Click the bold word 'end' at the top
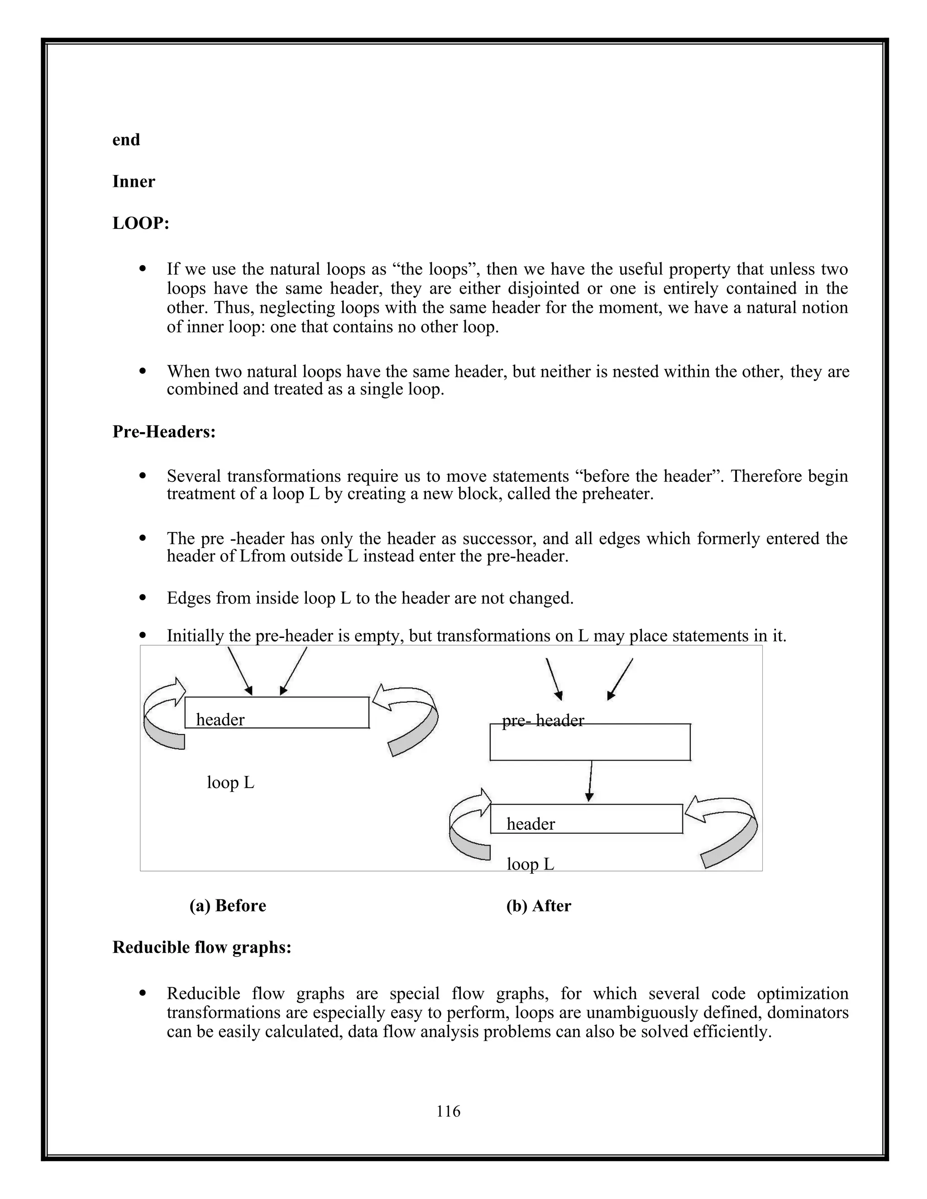point(126,140)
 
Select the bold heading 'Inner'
point(134,182)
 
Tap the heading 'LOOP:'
point(141,224)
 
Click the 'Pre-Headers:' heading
point(164,432)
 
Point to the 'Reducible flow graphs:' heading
point(201,947)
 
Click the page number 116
point(448,1111)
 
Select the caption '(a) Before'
point(227,906)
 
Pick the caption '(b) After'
point(538,906)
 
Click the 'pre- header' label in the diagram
point(543,720)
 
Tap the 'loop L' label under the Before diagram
point(230,782)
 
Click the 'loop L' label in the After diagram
point(530,864)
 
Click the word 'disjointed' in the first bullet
point(541,288)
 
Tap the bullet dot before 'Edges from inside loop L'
point(143,597)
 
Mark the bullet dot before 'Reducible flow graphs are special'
point(143,993)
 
